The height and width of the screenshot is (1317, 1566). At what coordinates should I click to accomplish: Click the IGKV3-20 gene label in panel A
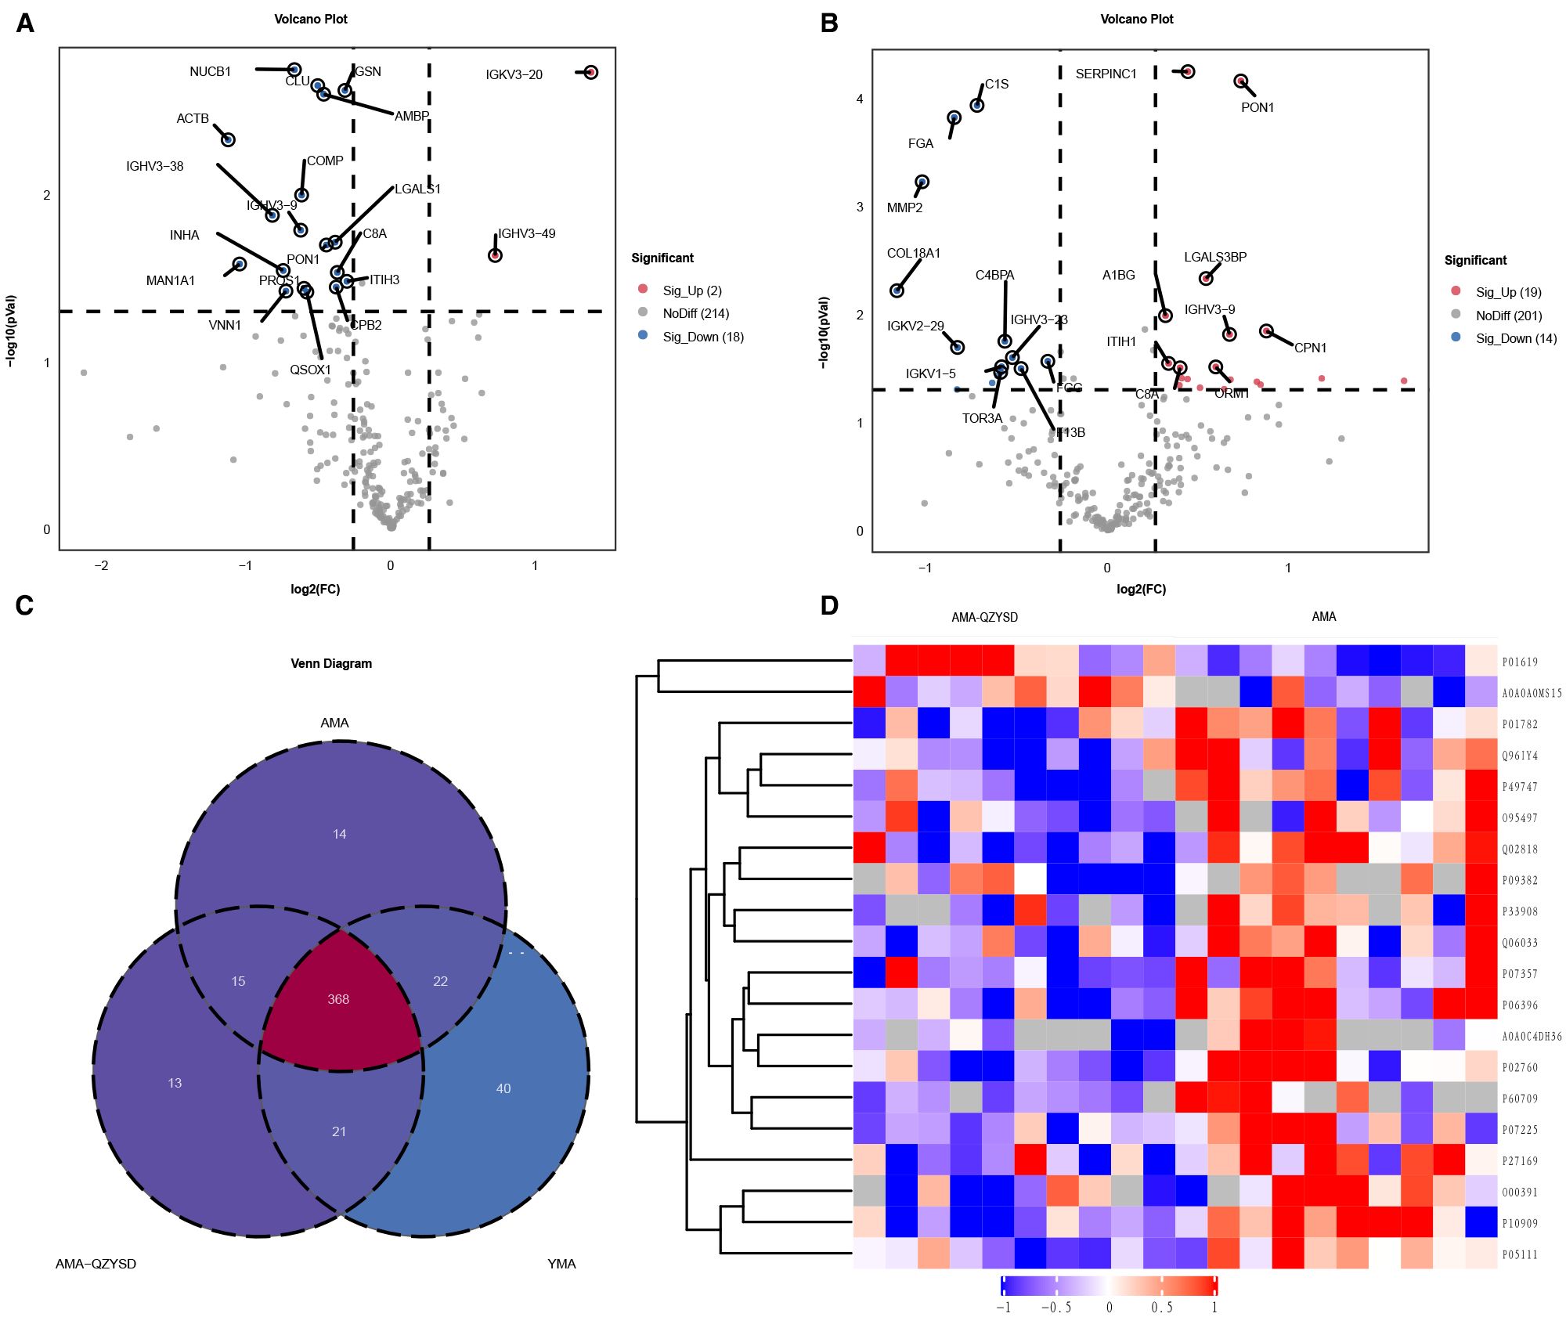[x=514, y=74]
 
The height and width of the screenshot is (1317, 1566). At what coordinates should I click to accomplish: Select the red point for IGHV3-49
[x=495, y=255]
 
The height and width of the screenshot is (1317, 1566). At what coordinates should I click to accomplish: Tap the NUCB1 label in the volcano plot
[x=210, y=71]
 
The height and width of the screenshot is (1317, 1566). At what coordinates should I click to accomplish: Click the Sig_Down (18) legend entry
[x=702, y=337]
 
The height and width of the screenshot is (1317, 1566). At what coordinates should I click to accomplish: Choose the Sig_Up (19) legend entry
[x=1508, y=292]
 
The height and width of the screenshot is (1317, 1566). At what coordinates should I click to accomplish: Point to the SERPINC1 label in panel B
[x=1106, y=74]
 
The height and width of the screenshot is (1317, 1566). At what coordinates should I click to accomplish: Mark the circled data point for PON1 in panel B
[x=1240, y=81]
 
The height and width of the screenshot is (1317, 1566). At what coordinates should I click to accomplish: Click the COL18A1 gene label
[x=913, y=253]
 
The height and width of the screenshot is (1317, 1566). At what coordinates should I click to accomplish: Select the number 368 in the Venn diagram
[x=338, y=999]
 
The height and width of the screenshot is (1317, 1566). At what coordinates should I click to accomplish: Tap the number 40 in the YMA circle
[x=503, y=1088]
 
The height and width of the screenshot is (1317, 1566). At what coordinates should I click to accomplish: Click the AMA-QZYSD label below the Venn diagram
[x=96, y=1264]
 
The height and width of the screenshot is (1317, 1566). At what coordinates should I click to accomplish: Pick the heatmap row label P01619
[x=1520, y=662]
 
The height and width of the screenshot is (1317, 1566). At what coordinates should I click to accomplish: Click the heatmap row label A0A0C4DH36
[x=1532, y=1037]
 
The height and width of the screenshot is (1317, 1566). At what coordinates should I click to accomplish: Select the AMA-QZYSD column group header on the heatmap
[x=984, y=617]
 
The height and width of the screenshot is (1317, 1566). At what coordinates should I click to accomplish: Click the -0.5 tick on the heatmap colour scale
[x=1055, y=1307]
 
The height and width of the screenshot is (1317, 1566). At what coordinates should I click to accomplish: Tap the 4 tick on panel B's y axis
[x=860, y=99]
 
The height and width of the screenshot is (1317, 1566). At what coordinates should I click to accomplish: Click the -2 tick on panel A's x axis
[x=101, y=565]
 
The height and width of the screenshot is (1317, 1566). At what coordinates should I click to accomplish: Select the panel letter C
[x=24, y=606]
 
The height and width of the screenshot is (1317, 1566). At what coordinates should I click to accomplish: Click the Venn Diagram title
[x=331, y=663]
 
